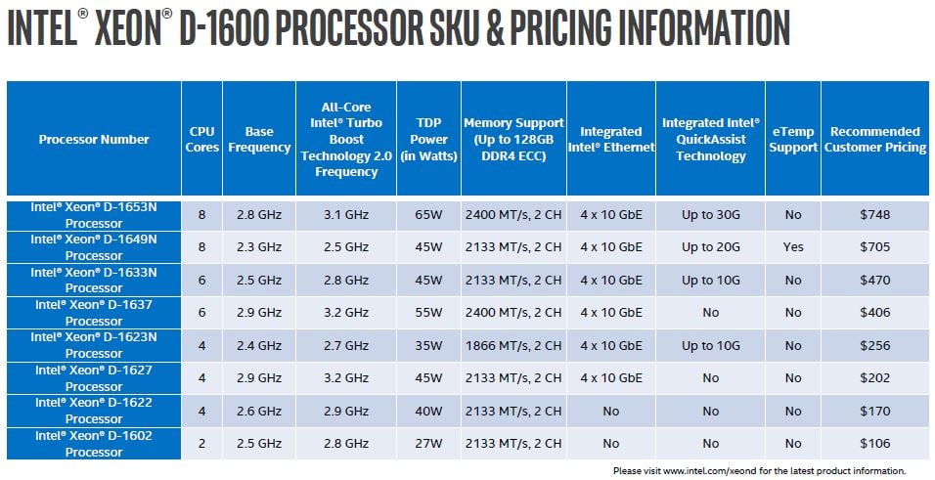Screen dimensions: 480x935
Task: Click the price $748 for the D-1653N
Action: click(875, 214)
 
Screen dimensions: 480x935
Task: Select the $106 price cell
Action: click(875, 443)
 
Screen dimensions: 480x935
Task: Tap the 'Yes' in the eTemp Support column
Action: click(793, 247)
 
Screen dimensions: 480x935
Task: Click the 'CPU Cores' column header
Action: click(201, 139)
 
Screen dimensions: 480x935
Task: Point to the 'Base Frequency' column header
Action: click(259, 139)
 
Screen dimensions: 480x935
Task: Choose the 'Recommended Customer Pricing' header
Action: click(875, 139)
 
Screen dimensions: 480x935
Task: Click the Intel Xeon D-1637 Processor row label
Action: click(94, 312)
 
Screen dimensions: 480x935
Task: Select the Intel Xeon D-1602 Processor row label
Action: click(94, 443)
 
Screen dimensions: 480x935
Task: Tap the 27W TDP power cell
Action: click(428, 443)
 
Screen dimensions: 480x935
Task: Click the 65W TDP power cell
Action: click(428, 214)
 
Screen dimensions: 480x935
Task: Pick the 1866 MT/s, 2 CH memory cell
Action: click(513, 345)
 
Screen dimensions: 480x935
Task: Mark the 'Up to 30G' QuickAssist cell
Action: click(711, 214)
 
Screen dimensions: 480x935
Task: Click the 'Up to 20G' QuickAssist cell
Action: click(711, 247)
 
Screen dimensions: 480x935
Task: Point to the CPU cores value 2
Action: click(201, 443)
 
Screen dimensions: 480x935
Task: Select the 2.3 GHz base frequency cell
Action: click(259, 247)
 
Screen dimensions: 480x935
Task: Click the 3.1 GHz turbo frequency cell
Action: click(345, 214)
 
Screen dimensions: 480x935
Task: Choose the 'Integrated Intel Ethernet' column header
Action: click(611, 139)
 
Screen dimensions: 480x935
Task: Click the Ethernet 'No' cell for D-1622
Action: click(611, 411)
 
